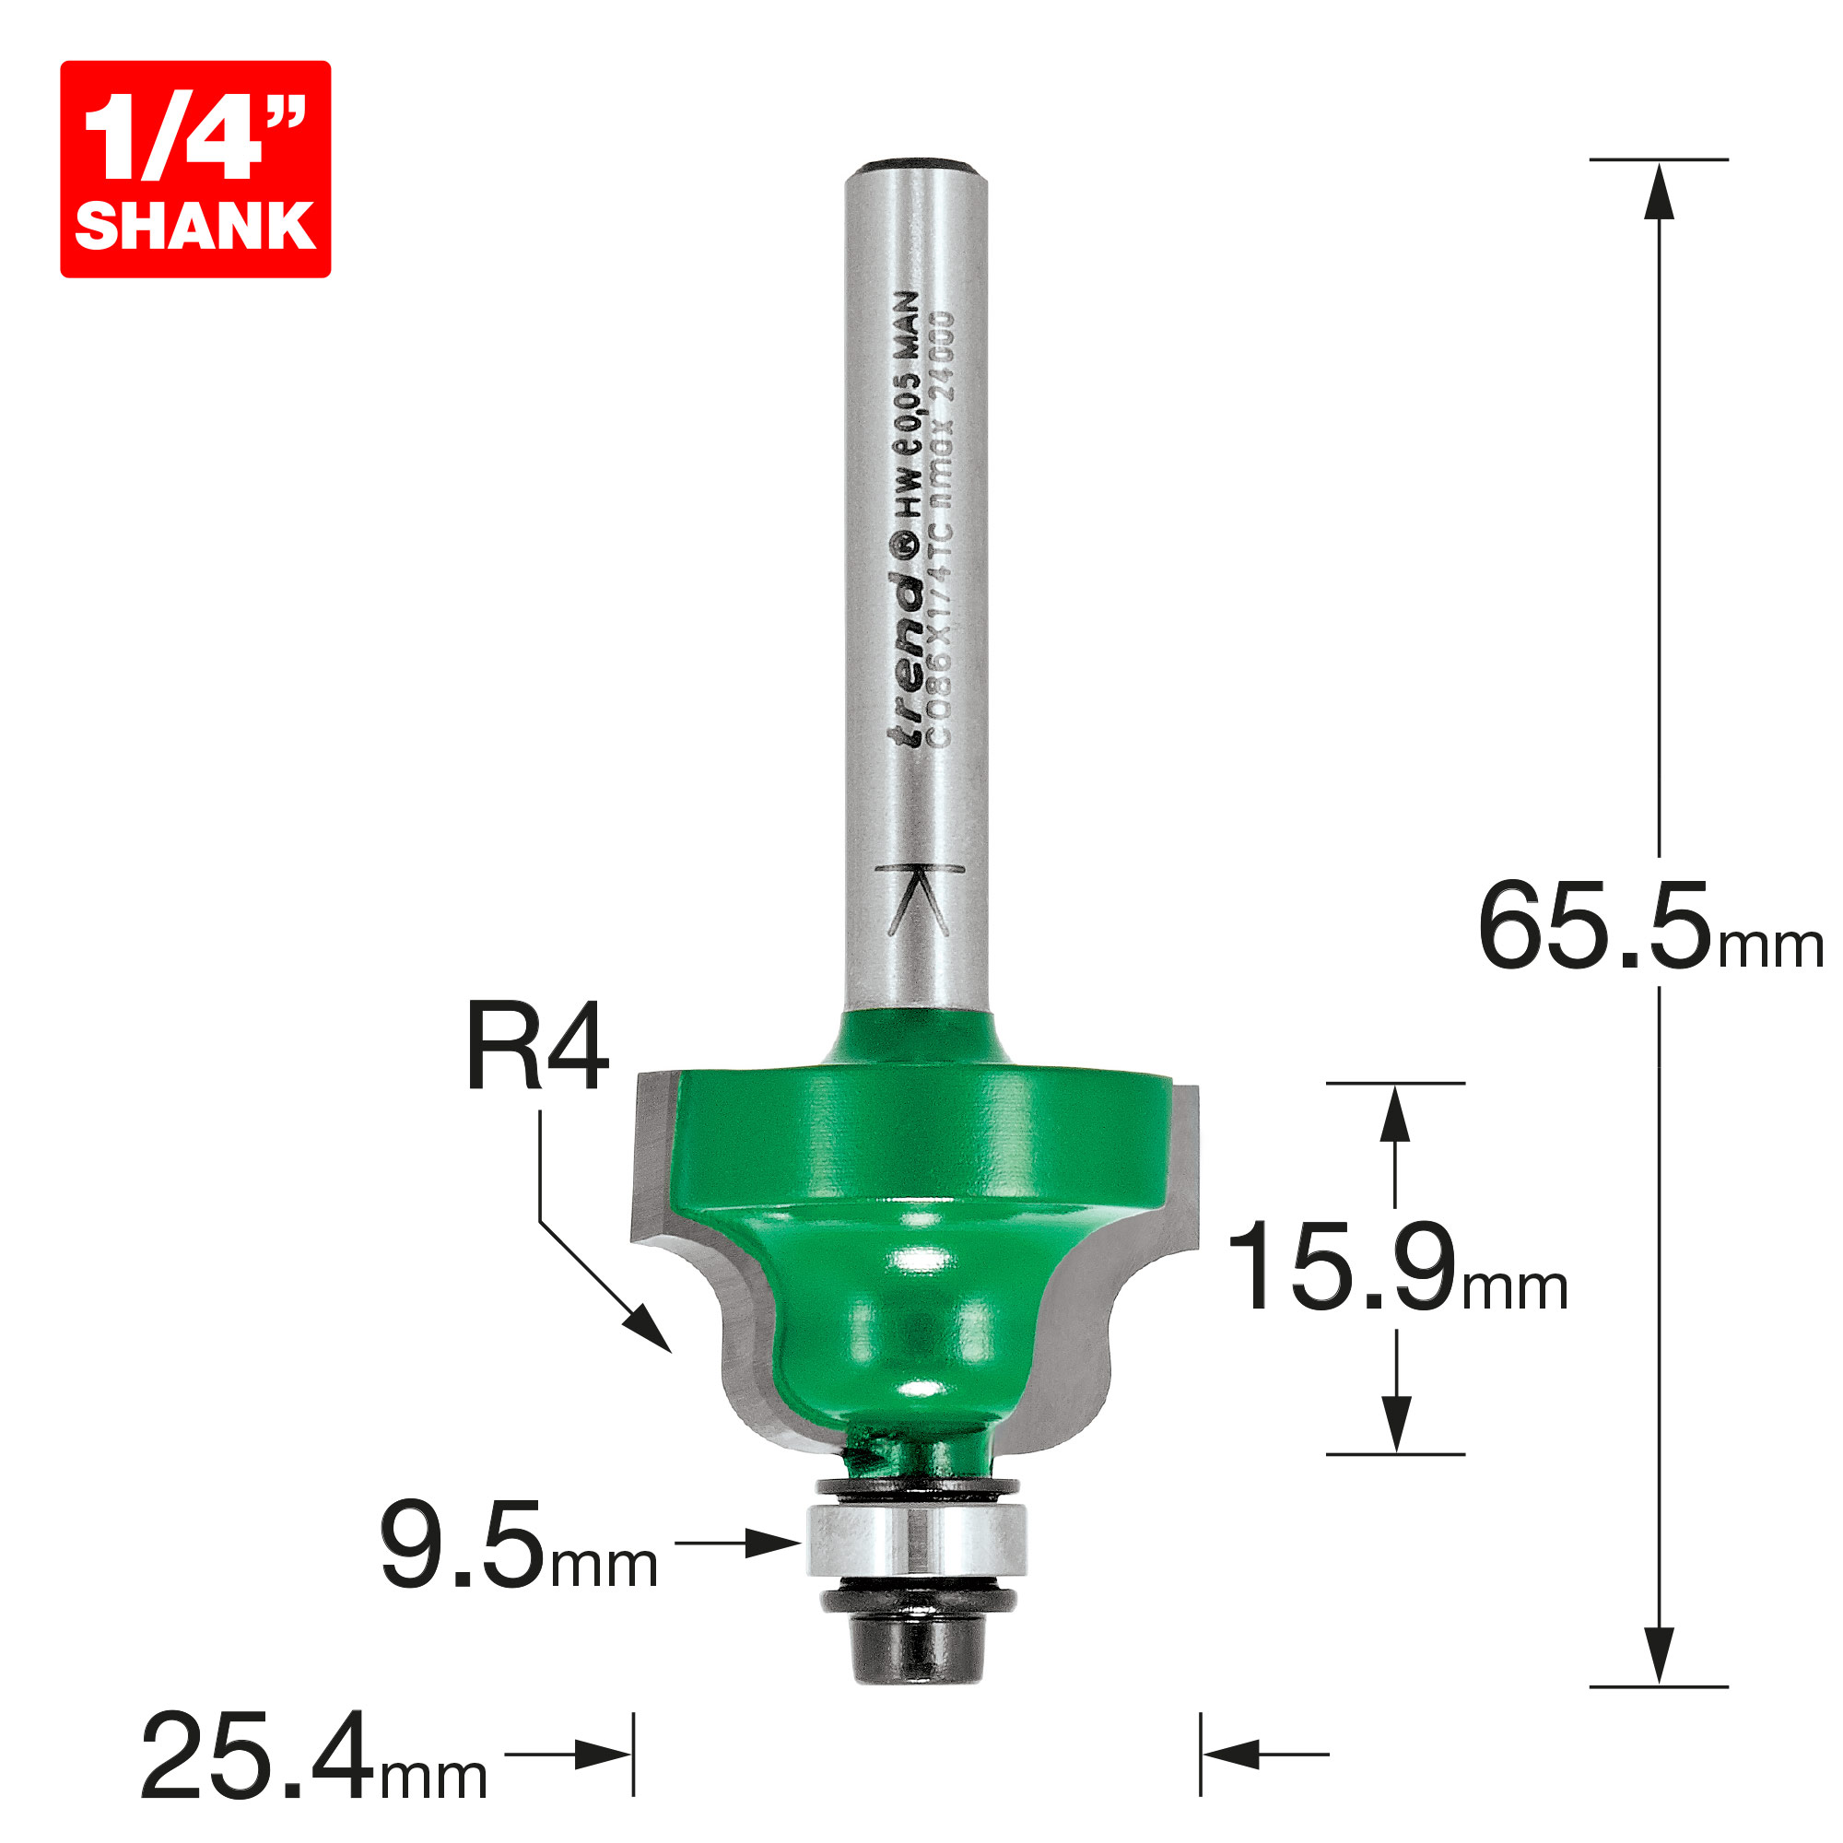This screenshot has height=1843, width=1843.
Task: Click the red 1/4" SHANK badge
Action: click(195, 169)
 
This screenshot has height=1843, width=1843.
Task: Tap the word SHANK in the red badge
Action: click(195, 226)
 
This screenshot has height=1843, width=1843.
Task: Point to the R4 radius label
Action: click(537, 1048)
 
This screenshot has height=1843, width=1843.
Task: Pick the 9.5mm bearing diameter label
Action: click(518, 1545)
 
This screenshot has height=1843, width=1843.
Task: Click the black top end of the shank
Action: click(916, 167)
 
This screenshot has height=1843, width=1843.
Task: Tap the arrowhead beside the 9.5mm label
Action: click(773, 1543)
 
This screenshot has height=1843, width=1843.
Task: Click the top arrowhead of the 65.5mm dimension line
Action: click(1659, 191)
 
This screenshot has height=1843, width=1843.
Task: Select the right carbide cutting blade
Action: click(1159, 1240)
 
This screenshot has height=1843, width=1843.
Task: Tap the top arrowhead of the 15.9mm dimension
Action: click(1395, 1114)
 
